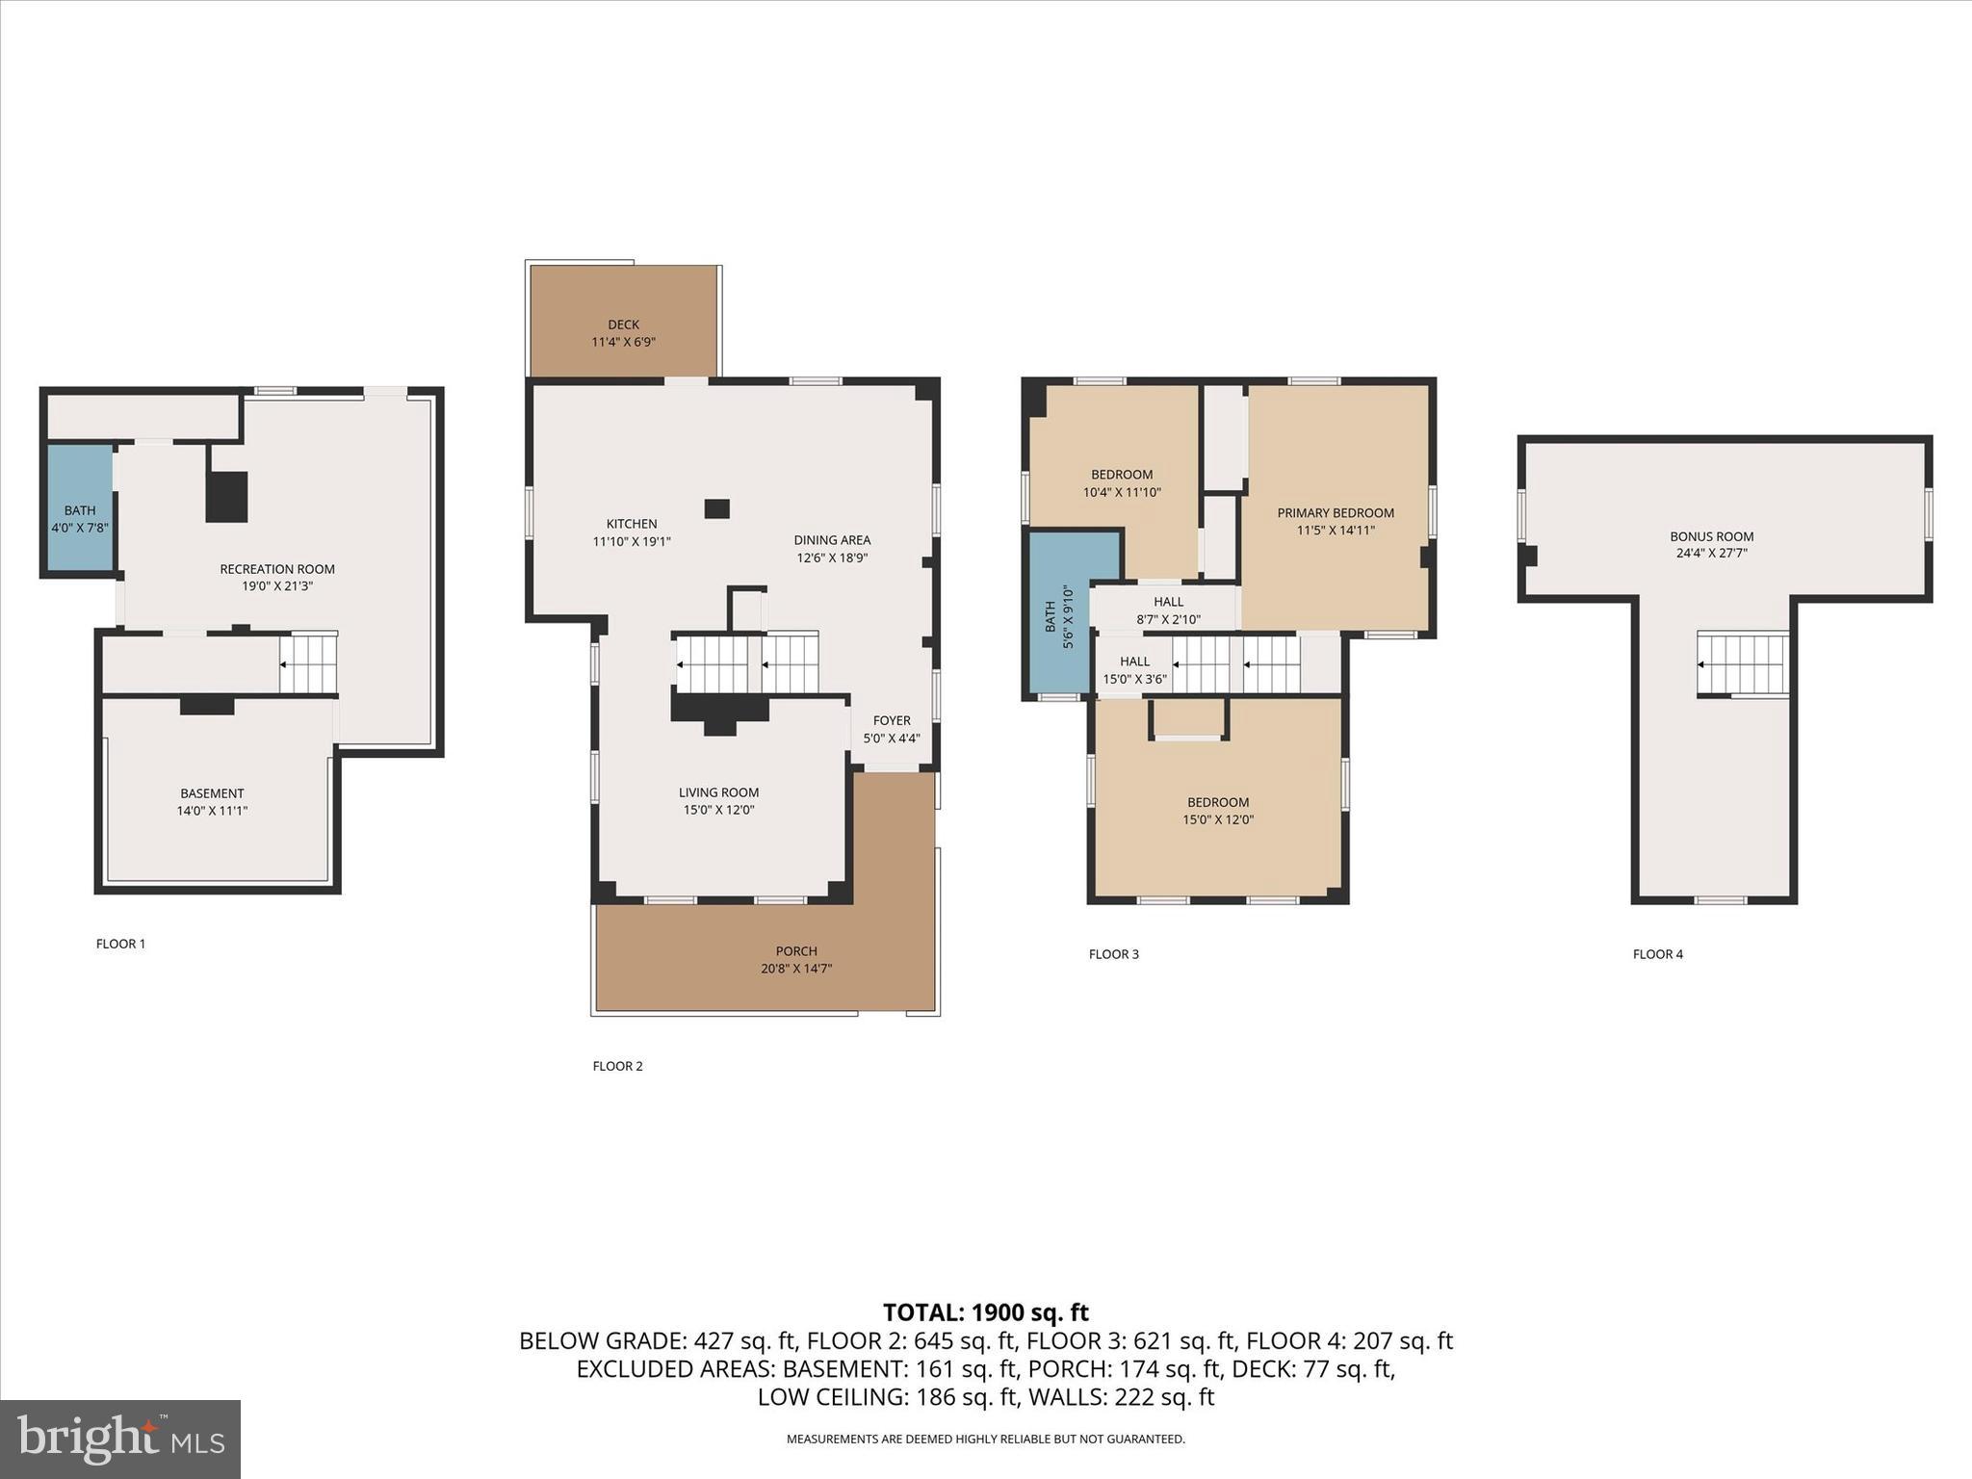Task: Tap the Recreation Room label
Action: pos(277,577)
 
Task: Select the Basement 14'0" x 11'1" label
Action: pos(212,802)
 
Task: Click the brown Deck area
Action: pos(624,323)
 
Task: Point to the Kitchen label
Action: pos(632,532)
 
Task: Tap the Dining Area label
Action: pos(832,549)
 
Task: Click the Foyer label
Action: pos(892,729)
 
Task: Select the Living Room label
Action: pos(718,801)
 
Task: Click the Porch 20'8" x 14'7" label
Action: pos(796,960)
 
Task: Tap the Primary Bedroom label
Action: pos(1336,521)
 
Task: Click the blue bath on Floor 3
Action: pos(1058,616)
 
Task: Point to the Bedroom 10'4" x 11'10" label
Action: pos(1122,482)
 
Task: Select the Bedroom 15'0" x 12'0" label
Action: pos(1218,811)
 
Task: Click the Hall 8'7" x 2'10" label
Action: pos(1168,610)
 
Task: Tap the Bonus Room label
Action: pos(1711,544)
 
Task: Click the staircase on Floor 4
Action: pos(1743,663)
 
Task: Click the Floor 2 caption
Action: pos(617,1066)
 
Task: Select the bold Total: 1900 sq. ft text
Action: pos(985,1312)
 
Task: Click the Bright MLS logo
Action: pos(120,1439)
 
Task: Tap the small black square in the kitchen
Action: pos(716,508)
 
